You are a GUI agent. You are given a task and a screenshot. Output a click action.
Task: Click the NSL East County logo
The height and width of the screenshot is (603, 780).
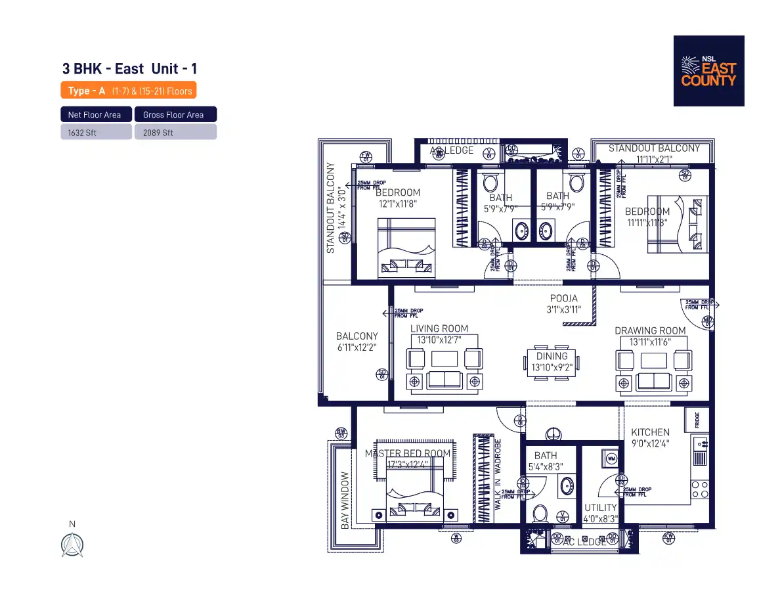tap(708, 71)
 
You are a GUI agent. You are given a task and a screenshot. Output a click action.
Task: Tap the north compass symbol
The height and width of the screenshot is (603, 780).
tap(72, 545)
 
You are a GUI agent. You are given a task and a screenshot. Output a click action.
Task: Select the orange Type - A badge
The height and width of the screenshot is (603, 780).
tap(128, 91)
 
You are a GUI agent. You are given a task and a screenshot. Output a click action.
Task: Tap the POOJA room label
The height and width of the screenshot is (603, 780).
tap(564, 299)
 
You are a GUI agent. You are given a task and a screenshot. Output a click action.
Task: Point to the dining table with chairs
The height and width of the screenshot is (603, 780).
tap(552, 362)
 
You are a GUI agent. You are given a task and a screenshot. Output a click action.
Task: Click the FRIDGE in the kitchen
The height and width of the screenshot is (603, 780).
tap(697, 419)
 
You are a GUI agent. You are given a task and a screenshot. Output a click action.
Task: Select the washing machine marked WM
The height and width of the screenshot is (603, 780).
tap(611, 458)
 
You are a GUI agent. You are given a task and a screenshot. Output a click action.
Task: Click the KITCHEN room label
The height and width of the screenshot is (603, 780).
tap(650, 432)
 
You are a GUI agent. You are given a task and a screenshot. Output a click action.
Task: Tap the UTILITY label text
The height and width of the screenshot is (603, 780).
tap(600, 508)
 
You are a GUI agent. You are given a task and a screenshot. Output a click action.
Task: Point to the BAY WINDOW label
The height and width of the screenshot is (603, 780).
tap(345, 499)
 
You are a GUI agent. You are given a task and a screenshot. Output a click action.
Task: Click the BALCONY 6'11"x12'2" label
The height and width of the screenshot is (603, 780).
tap(357, 342)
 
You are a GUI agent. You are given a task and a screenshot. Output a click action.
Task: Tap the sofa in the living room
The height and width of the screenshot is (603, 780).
tap(444, 379)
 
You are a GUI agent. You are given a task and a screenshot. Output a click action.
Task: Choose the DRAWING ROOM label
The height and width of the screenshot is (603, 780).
tap(649, 331)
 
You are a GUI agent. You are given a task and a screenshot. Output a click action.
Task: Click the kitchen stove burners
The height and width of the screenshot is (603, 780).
tap(699, 489)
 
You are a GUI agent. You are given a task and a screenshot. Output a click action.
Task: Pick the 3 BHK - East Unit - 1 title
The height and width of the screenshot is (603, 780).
tap(129, 69)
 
